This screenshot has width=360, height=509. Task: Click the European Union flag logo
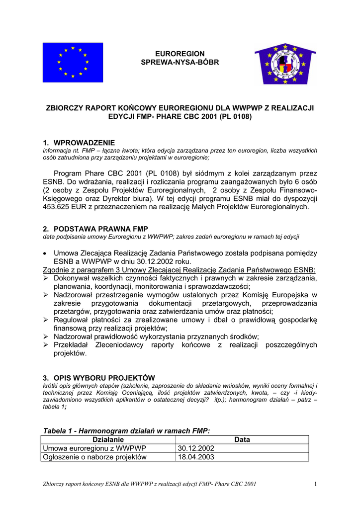(73, 62)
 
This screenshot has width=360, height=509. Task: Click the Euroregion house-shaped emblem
(285, 63)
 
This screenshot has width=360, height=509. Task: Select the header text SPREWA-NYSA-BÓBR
(180, 62)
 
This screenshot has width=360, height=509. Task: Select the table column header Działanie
(108, 439)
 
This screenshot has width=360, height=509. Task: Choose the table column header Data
(242, 439)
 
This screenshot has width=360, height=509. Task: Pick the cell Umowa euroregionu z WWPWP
(95, 448)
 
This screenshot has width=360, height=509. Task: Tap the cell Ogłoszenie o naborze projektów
(95, 457)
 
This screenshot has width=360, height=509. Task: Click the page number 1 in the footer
(315, 485)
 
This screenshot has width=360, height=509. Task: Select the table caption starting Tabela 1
(126, 430)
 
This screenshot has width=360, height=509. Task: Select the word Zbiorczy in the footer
(56, 485)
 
